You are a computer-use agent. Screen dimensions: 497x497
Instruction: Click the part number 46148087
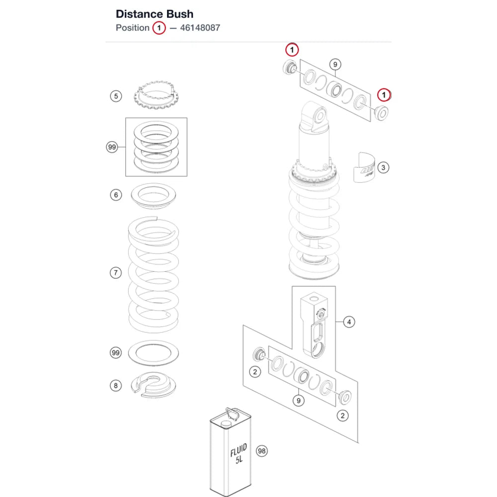coord(200,28)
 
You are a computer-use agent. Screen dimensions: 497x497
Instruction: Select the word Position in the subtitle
coord(133,28)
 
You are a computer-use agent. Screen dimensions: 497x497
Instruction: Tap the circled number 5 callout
coord(116,96)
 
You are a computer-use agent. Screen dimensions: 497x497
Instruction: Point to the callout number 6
coord(116,195)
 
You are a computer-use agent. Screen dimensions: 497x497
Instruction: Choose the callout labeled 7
coord(116,272)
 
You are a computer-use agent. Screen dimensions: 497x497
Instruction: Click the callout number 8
coord(116,386)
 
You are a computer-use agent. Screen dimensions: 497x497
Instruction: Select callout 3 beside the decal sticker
coord(383,167)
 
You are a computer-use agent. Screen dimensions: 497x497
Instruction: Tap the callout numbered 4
coord(349,322)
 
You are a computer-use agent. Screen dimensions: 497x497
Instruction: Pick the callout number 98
coord(261,451)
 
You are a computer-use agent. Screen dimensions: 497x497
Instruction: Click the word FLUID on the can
coord(239,450)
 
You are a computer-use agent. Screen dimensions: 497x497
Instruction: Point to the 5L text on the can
coord(239,459)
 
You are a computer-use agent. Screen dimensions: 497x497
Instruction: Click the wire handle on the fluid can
coord(232,414)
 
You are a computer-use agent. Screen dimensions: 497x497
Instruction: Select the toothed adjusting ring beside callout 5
coord(156,95)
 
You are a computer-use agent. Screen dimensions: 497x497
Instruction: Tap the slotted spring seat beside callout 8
coord(154,385)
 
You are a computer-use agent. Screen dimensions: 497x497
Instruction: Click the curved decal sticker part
coord(364,167)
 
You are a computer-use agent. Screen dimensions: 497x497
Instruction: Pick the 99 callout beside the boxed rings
coord(112,147)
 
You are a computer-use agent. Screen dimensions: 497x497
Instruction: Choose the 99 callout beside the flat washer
coord(116,352)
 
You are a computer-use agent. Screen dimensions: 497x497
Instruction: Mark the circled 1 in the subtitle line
coord(159,28)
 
